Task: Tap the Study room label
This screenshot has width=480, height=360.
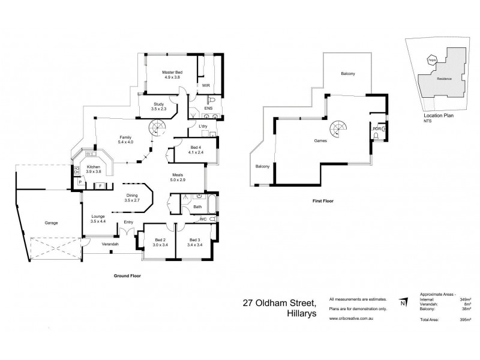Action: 159,106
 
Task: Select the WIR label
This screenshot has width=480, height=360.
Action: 206,86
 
